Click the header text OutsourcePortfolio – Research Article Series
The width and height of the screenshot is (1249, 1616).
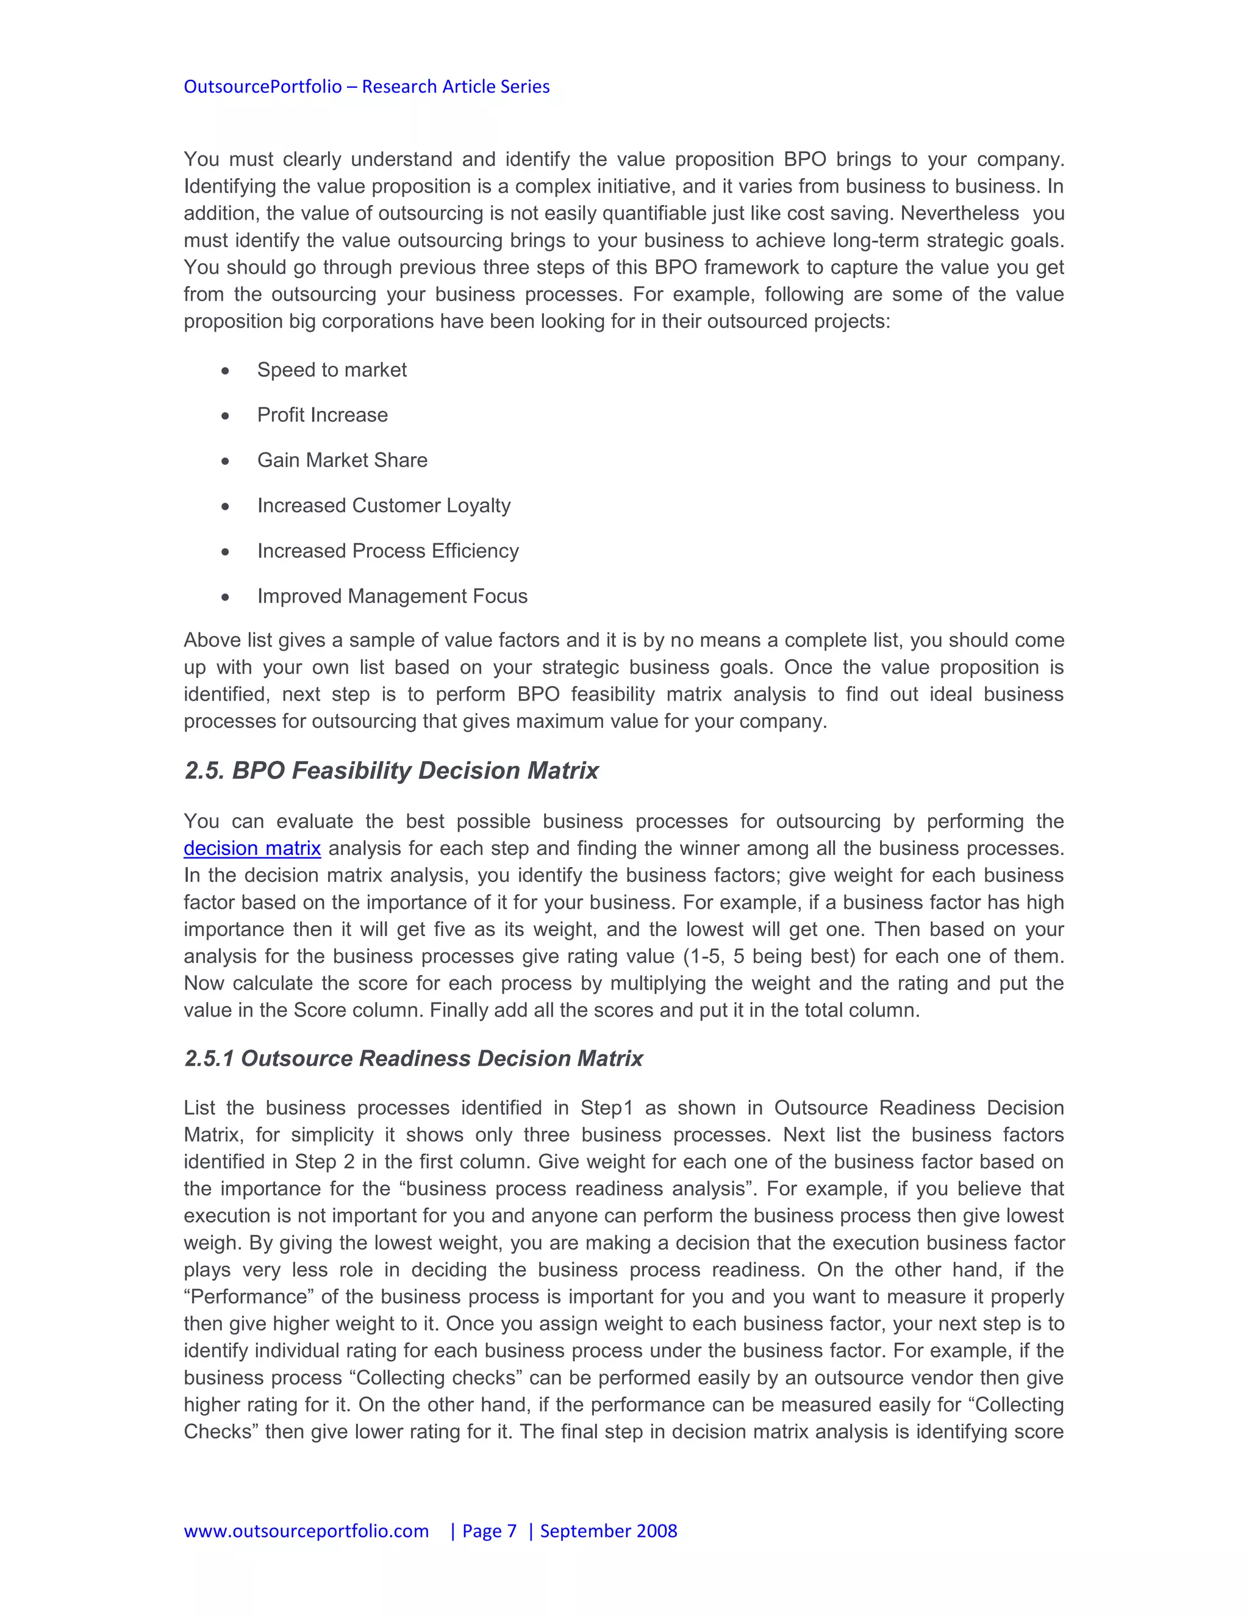pos(367,87)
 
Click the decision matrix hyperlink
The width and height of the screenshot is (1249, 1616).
pos(252,848)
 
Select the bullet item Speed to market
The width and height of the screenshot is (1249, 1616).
pos(332,370)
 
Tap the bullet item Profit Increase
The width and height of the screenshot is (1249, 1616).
pos(322,415)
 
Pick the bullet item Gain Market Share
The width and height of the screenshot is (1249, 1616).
pos(342,460)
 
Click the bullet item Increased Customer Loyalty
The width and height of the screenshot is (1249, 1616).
pos(383,506)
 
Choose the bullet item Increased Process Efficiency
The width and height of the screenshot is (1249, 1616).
pos(388,551)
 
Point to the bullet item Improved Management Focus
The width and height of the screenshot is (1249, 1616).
pos(392,596)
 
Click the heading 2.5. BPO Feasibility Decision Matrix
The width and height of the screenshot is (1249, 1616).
pos(391,770)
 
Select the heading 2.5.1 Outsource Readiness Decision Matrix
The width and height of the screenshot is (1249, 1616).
pos(413,1058)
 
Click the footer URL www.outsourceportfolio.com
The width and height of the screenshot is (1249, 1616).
pos(306,1530)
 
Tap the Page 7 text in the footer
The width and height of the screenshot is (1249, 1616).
pos(489,1530)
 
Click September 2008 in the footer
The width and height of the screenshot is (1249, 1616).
pos(608,1530)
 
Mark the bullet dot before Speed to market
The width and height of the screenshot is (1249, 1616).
pos(225,371)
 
